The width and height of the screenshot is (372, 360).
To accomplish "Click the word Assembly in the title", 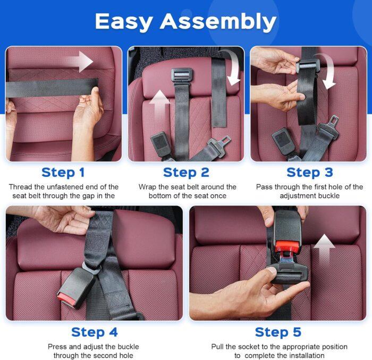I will click(218, 22).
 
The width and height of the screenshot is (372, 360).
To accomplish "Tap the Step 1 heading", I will click(63, 172).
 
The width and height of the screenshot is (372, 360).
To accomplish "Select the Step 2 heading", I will click(186, 172).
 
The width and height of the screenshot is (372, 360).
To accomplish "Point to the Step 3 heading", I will click(309, 172).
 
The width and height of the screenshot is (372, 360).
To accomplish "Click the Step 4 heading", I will click(94, 332).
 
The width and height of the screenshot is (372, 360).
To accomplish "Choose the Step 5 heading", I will click(278, 332).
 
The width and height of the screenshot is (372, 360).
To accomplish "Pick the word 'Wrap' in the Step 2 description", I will click(148, 187).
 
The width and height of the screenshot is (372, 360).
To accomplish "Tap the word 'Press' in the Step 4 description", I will click(58, 347).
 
